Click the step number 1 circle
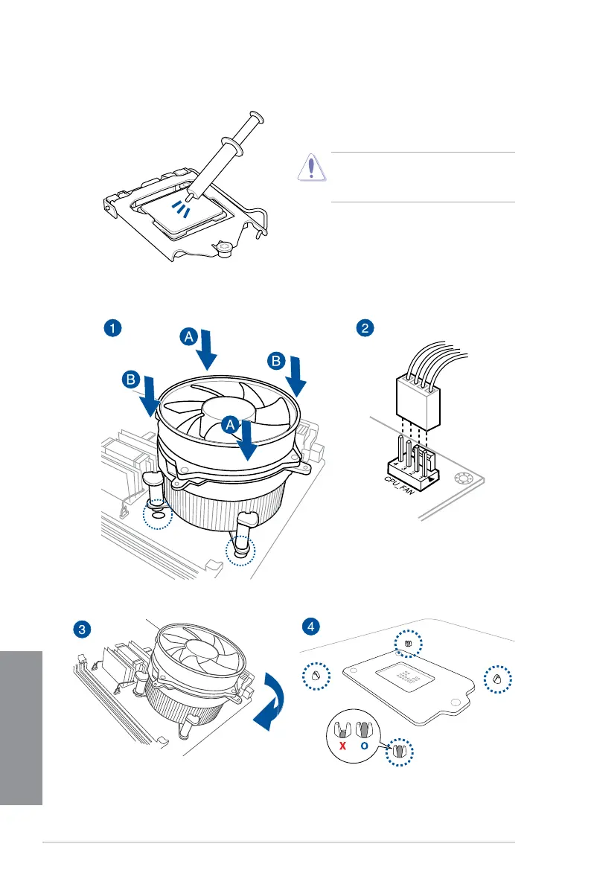111,328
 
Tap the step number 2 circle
365,328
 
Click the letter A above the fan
190,336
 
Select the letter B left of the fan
131,381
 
